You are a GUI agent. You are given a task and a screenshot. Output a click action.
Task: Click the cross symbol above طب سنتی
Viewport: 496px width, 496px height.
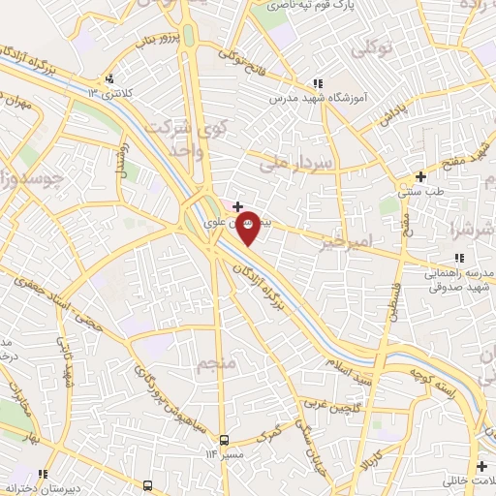pyautogui.click(x=419, y=177)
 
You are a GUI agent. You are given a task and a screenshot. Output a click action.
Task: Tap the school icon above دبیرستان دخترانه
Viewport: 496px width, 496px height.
pyautogui.click(x=148, y=484)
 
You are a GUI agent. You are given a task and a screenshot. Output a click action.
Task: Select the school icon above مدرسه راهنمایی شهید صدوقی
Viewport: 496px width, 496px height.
pyautogui.click(x=460, y=258)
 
